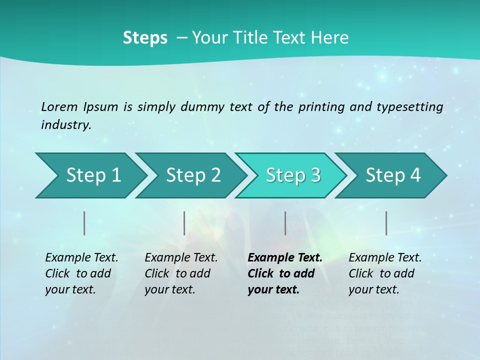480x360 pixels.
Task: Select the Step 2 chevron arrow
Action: click(192, 175)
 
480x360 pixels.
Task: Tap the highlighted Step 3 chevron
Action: click(292, 175)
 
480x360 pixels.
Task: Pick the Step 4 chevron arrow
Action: click(392, 175)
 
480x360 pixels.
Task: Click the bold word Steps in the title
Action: click(145, 38)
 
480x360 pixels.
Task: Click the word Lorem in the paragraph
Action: click(59, 106)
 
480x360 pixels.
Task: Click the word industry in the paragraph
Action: click(65, 125)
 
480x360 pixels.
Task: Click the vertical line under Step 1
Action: click(84, 223)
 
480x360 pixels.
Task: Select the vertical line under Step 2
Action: click(184, 223)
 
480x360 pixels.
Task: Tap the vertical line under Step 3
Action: click(285, 223)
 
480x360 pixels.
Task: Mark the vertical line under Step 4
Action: click(386, 223)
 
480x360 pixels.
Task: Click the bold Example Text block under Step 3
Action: click(284, 273)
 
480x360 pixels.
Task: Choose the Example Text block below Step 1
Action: click(81, 273)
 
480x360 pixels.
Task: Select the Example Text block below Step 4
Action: click(385, 273)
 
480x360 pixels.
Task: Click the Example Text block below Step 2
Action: click(181, 273)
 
